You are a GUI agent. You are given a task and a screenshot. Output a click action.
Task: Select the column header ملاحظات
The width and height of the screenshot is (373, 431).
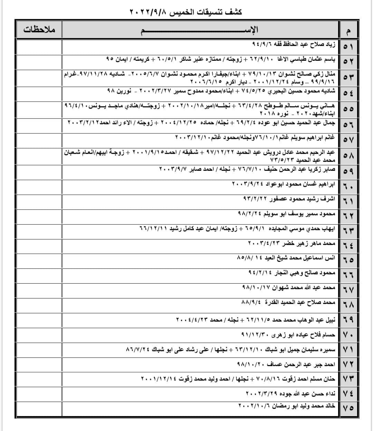click(x=39, y=29)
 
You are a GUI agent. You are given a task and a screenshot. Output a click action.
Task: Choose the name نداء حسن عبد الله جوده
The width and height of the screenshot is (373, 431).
click(x=307, y=393)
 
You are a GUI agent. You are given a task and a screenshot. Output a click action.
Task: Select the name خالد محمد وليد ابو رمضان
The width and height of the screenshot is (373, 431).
click(x=304, y=406)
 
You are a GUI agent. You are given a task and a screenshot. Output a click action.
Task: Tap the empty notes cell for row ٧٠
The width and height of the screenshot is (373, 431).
click(x=39, y=334)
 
